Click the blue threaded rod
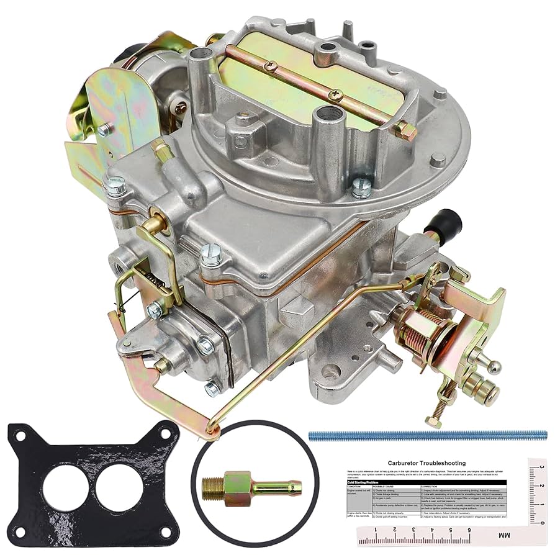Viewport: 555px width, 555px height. [x=428, y=436]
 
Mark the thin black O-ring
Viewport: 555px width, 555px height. [x=197, y=459]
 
